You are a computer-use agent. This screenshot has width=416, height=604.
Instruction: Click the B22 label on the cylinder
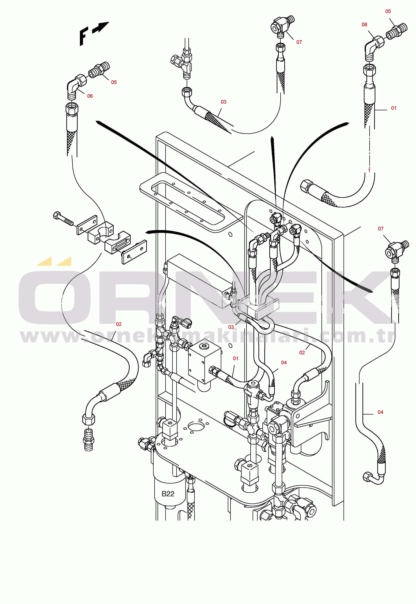[168, 494]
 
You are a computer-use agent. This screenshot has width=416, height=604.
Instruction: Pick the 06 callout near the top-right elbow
[364, 25]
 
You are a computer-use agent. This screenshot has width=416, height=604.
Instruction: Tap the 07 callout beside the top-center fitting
[299, 42]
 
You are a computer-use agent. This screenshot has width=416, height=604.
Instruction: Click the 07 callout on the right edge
[381, 229]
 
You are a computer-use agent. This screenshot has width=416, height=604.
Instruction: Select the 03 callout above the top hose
[223, 102]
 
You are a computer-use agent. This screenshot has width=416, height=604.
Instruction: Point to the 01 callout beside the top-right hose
[394, 108]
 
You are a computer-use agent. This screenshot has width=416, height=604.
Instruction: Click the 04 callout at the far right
[380, 412]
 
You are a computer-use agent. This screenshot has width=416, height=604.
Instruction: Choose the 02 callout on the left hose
[119, 324]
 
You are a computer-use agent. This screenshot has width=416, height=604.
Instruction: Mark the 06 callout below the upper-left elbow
[90, 96]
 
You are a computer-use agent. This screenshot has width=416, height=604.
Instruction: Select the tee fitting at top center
[183, 62]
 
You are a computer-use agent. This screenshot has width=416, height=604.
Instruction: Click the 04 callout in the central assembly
[284, 363]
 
